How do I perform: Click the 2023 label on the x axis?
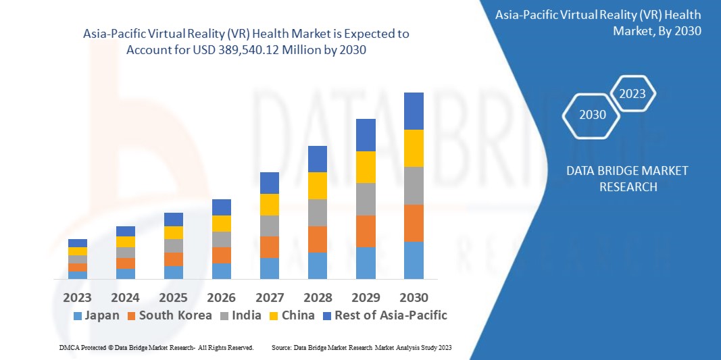tap(78, 297)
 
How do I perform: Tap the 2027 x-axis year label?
tap(269, 297)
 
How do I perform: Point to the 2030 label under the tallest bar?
tap(413, 297)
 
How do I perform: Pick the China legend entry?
tap(291, 315)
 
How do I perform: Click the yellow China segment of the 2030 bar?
tap(414, 148)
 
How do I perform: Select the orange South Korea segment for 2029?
tap(366, 231)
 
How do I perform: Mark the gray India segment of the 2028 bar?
tap(318, 212)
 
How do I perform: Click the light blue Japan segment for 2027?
tap(270, 268)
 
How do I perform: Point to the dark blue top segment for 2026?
tap(222, 207)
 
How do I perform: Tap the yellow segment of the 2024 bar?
tap(126, 241)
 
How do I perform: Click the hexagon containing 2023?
tap(632, 94)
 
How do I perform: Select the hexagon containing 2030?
tap(593, 115)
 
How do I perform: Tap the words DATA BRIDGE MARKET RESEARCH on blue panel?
tap(628, 178)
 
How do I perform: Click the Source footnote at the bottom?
tap(361, 347)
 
